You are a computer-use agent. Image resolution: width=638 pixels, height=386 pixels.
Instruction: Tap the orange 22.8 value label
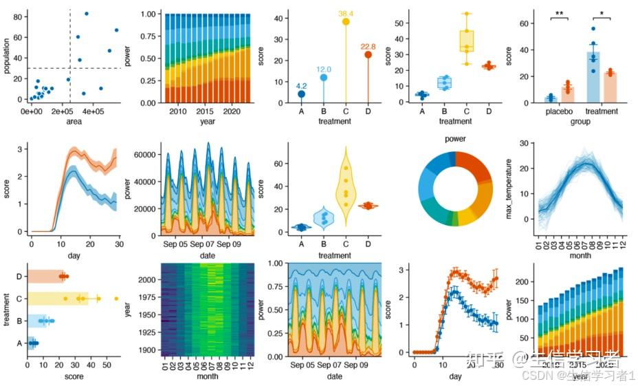pos(368,46)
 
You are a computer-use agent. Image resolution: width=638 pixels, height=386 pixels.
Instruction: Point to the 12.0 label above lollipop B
pos(323,69)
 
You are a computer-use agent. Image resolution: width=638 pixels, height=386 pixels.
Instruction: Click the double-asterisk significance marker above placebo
pos(561,14)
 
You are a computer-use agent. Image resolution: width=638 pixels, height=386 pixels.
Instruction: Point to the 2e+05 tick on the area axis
pos(63,111)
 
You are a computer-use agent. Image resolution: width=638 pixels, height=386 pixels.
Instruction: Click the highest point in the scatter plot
pos(86,13)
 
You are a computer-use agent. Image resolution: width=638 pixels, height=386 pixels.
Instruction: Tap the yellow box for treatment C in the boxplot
pos(467,40)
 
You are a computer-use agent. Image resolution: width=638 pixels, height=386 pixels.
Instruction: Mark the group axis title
pos(582,121)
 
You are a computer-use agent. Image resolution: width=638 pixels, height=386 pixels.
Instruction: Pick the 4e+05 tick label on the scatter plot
pos(93,111)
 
